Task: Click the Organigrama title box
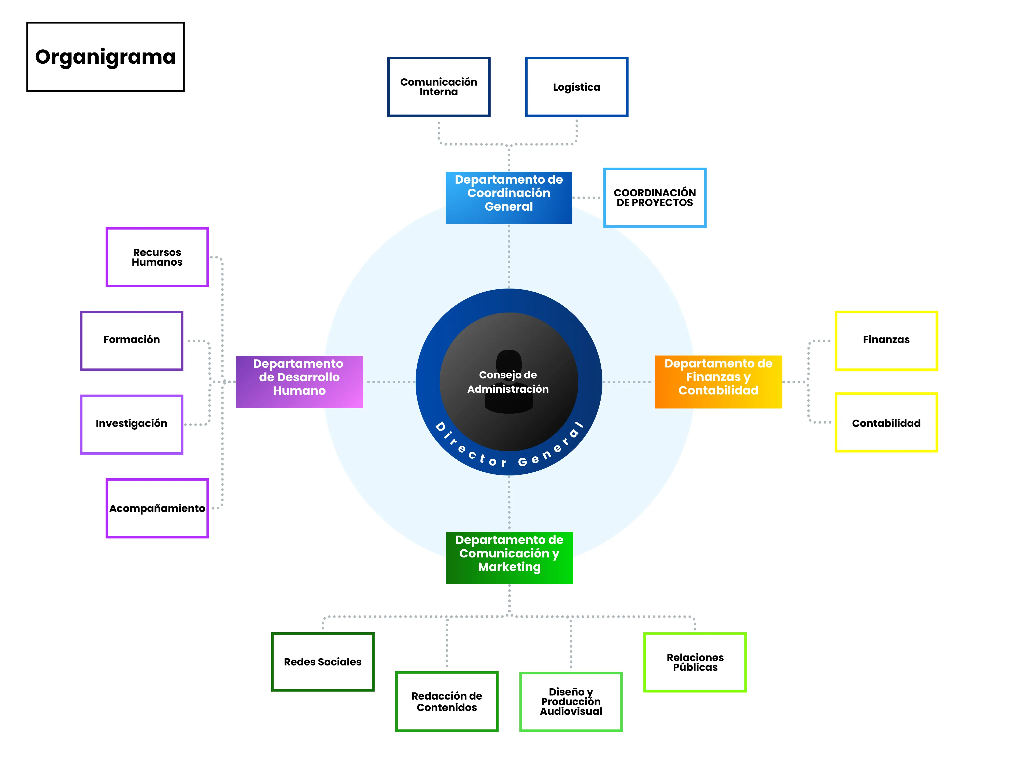105,57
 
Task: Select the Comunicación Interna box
439,87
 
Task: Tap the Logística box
577,87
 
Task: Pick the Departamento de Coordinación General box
508,198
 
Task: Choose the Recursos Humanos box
157,257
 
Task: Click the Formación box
132,340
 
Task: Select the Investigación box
132,424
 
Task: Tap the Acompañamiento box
157,508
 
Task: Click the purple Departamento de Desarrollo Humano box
299,381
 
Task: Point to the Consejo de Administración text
508,382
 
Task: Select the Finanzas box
886,340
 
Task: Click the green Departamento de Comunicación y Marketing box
509,558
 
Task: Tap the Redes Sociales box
323,662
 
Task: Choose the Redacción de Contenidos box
446,701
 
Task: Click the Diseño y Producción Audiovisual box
571,701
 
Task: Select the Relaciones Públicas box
695,662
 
